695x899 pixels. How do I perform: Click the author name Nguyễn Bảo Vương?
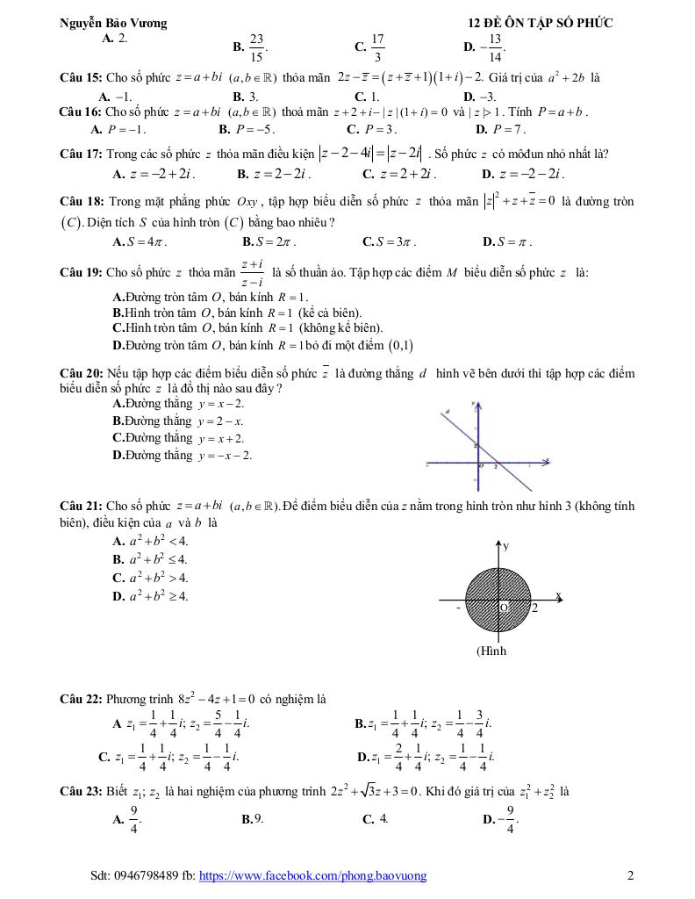point(112,23)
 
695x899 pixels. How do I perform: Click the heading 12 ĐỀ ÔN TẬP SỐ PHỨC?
point(541,23)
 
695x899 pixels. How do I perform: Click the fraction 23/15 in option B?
point(256,47)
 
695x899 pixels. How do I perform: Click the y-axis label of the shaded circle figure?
point(505,546)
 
